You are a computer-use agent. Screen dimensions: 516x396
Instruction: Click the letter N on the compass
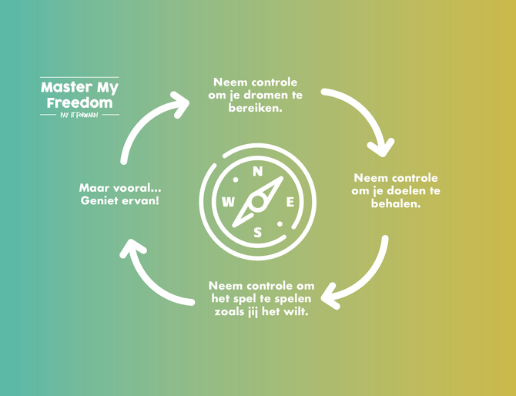pos(258,172)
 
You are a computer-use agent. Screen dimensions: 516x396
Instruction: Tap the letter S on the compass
pos(258,231)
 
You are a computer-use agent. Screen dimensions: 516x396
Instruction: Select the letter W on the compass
pos(228,202)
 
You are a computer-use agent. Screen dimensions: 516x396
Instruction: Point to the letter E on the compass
pos(290,202)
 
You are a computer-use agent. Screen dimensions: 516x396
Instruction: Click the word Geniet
pos(102,201)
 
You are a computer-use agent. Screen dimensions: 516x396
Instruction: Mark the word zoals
pos(229,312)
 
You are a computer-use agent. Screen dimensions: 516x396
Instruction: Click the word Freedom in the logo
pos(79,102)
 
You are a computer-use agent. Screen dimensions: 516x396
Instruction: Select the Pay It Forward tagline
pos(79,115)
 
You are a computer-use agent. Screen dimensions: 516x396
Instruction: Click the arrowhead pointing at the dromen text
pos(181,103)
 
